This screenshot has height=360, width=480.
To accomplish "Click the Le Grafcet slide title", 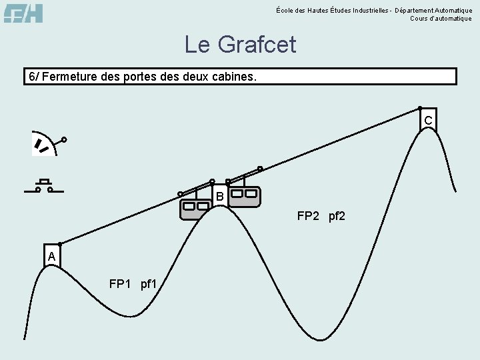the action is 240,45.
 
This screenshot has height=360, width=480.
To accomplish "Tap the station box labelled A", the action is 51,257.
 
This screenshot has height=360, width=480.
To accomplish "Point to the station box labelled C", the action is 428,119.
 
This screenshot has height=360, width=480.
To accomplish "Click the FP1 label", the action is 121,285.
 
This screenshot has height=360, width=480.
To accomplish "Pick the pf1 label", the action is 149,285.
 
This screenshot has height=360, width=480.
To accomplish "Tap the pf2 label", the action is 337,217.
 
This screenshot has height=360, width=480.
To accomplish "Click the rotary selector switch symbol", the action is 47,145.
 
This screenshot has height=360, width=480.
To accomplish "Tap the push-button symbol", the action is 44,186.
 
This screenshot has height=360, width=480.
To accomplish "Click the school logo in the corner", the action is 23,12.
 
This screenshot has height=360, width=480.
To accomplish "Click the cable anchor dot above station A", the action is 60,244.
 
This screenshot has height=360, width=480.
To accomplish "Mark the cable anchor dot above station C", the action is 419,107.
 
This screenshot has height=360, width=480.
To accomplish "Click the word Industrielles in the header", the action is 373,10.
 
